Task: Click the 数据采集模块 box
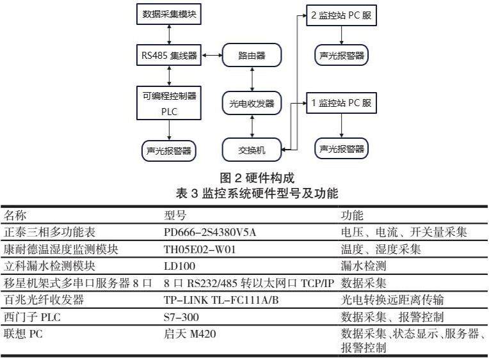pos(170,14)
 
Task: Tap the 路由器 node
pos(252,56)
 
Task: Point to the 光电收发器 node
pos(252,102)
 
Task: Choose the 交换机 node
pos(252,150)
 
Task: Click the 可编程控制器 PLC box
pos(170,102)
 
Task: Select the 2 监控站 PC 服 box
pos(341,15)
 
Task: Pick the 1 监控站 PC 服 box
pos(341,102)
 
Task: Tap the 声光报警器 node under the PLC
pos(170,151)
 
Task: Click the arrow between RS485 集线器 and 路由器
pos(211,56)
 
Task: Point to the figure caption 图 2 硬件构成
pos(257,177)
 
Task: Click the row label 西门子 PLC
pos(28,316)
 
